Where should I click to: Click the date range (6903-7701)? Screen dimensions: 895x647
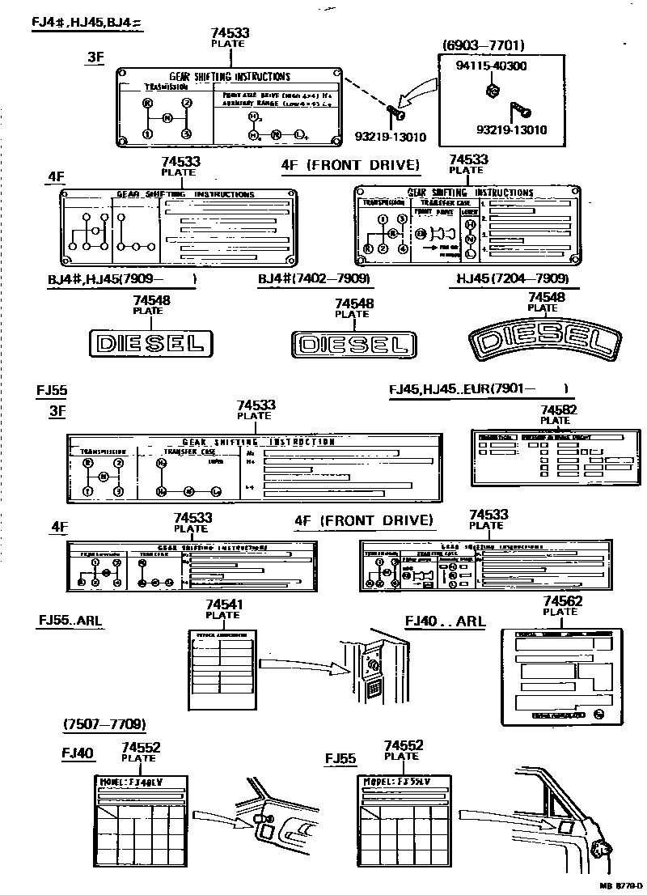pyautogui.click(x=483, y=45)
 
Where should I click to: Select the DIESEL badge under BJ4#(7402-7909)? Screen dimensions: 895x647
pyautogui.click(x=353, y=345)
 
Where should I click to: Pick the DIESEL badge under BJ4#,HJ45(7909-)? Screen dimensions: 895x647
pyautogui.click(x=150, y=343)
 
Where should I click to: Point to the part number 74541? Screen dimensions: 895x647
pyautogui.click(x=223, y=604)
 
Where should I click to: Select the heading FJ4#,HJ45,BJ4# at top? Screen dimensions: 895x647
pyautogui.click(x=87, y=21)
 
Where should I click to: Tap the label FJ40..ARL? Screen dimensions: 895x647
pyautogui.click(x=445, y=621)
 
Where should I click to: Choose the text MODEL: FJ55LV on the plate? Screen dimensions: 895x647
pyautogui.click(x=395, y=783)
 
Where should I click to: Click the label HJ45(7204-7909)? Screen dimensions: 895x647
pyautogui.click(x=512, y=279)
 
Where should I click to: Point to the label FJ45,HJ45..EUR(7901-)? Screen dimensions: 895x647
pyautogui.click(x=478, y=388)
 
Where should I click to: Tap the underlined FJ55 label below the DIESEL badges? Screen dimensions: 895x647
pyautogui.click(x=52, y=389)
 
